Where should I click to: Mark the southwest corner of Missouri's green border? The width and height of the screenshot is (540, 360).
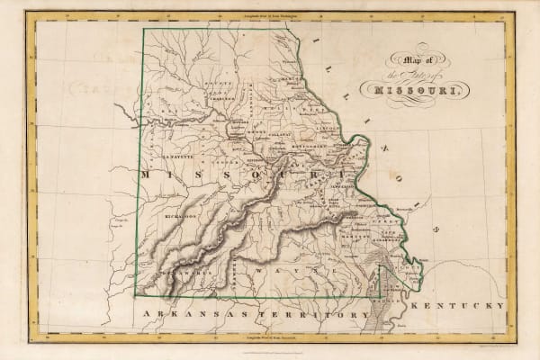click(x=135, y=294)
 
